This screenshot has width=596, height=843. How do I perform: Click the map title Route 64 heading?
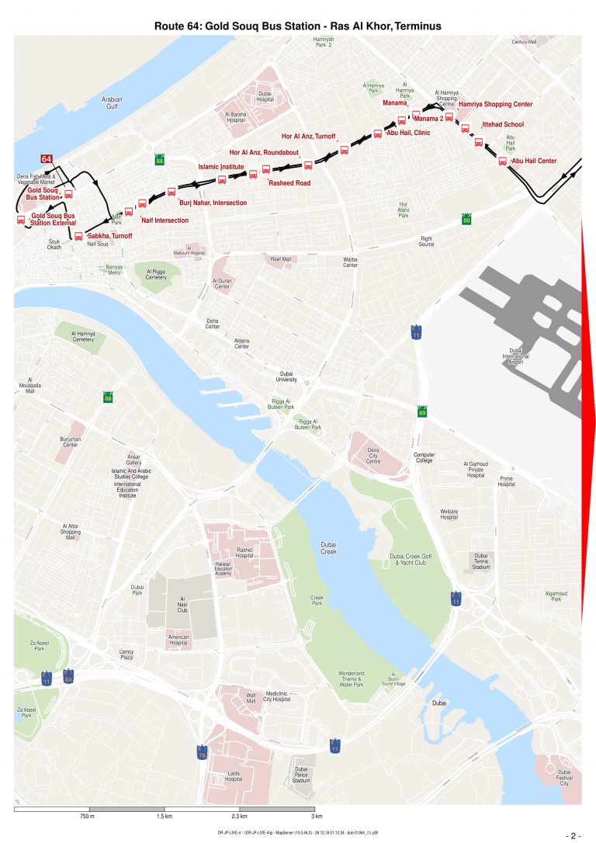tap(298, 26)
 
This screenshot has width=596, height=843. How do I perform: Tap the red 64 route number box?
tap(47, 158)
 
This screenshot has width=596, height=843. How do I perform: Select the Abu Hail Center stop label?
tap(534, 161)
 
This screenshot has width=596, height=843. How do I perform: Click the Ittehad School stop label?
tap(503, 124)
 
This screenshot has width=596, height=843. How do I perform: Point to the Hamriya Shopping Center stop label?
tap(495, 104)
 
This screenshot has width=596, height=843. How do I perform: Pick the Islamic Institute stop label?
tap(221, 166)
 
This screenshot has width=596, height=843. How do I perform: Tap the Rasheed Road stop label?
tap(289, 183)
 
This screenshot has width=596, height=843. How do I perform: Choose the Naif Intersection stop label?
tap(165, 220)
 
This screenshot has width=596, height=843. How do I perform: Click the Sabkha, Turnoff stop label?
tap(110, 234)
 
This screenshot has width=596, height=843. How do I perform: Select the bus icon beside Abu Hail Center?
tap(502, 161)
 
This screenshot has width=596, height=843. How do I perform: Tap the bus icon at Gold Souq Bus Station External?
tap(21, 220)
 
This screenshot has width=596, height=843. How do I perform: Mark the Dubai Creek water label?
tap(328, 548)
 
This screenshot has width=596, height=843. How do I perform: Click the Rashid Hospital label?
tap(244, 552)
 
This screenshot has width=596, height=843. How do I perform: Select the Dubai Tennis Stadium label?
tap(481, 561)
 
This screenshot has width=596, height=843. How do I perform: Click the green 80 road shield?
tap(466, 220)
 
